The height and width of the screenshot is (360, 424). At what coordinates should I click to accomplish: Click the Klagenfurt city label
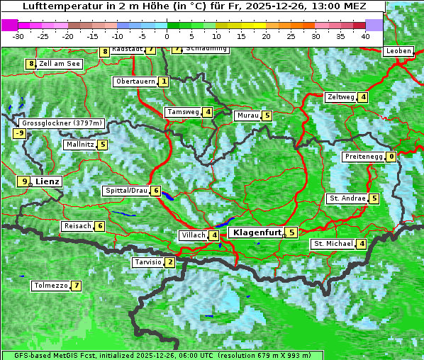tap(255, 232)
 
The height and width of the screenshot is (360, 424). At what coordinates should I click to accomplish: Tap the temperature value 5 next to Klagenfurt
tap(291, 232)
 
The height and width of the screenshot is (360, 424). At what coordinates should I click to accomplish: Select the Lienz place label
tap(48, 181)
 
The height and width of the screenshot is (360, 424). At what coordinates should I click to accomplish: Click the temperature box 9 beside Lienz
tap(25, 181)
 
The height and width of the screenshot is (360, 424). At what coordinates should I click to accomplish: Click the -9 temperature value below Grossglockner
tap(20, 133)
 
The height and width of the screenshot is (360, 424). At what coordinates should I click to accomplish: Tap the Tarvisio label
tap(147, 262)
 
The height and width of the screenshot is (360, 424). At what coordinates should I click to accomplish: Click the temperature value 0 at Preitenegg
tap(391, 157)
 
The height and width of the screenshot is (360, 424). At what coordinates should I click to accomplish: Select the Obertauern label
tap(135, 81)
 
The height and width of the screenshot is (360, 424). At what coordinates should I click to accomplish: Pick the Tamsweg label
tap(183, 112)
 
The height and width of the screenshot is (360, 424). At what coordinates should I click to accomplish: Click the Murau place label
tap(247, 116)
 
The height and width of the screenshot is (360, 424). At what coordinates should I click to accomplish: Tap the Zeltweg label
tap(340, 97)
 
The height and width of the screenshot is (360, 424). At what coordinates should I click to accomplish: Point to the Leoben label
tap(398, 51)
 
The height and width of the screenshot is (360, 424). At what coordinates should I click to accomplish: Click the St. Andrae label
tap(347, 198)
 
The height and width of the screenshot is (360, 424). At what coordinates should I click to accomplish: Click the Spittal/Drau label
tap(125, 191)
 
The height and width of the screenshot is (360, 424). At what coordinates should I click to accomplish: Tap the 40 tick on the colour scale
tap(365, 35)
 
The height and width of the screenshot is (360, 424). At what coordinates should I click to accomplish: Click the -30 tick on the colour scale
tap(18, 35)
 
